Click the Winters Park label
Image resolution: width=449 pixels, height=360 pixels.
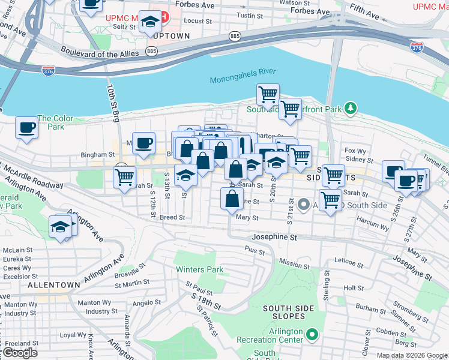[199, 269]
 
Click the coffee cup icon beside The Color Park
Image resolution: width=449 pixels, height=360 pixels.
[27, 127]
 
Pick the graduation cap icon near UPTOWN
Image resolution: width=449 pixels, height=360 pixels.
[150, 22]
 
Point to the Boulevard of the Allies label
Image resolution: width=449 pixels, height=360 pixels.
[99, 54]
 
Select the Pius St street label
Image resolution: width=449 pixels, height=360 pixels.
[255, 248]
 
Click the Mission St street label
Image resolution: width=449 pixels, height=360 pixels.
[294, 265]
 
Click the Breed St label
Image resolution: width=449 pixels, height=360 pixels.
[172, 217]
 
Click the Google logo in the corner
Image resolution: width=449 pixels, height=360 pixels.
[19, 353]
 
